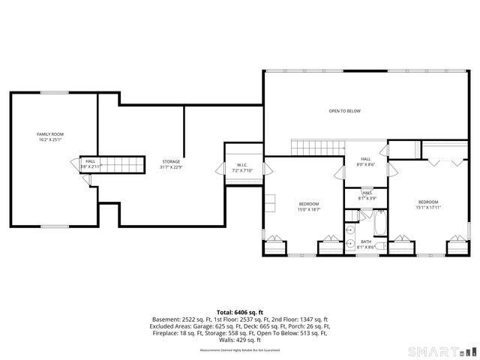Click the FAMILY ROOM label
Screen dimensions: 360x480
tap(49, 134)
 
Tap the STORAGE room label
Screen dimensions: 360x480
tap(171, 161)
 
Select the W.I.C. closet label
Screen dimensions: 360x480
tap(242, 165)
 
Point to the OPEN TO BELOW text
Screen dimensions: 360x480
tap(344, 111)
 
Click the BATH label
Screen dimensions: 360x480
tap(366, 241)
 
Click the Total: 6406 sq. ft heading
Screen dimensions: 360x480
tap(239, 311)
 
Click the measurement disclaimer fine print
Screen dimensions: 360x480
tap(239, 350)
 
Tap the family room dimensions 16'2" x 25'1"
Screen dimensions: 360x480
tap(49, 139)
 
